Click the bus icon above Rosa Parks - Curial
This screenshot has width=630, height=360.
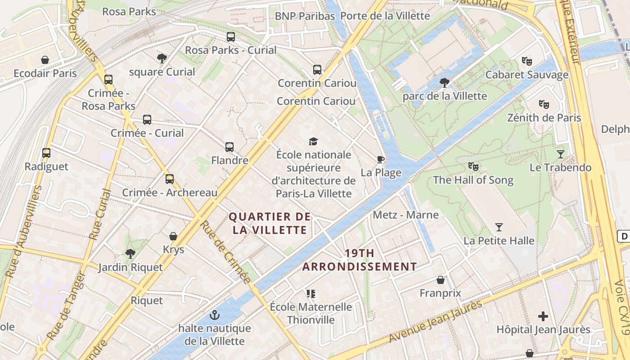coord(230,37)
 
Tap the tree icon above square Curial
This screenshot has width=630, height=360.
coord(162,58)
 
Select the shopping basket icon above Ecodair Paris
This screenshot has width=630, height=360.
coord(45,60)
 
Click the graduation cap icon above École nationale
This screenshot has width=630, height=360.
coord(314,141)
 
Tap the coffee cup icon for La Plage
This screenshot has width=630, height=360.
coord(381,159)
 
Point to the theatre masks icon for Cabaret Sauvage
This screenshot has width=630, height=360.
coord(526,61)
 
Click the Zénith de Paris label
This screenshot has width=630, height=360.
coord(544,118)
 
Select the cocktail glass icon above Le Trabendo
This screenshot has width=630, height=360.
coord(560,154)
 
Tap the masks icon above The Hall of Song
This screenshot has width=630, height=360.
coord(473,166)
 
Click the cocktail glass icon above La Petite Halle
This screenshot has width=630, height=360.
coord(499,227)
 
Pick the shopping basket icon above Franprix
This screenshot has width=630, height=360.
coord(441,280)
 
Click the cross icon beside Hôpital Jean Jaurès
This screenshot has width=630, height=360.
coord(543,316)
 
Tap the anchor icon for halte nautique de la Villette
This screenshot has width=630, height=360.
coord(215,315)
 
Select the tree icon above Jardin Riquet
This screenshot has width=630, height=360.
coord(130,254)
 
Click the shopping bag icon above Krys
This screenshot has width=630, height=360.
coord(173,236)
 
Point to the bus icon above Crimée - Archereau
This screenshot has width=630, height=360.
coord(170,179)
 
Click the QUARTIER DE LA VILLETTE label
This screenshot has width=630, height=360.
coord(270,223)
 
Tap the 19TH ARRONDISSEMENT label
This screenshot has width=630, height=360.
coord(360,260)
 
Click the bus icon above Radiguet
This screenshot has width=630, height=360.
coord(46,153)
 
